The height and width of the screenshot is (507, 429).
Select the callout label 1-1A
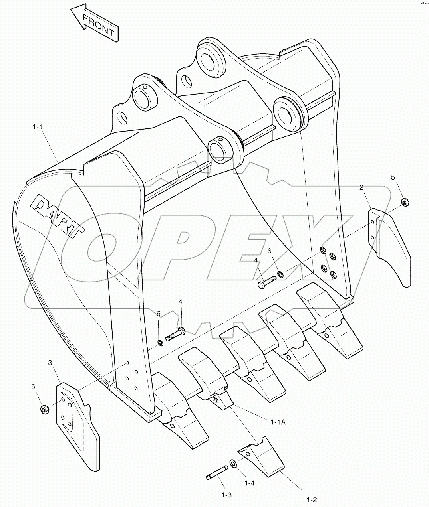pos(278,422)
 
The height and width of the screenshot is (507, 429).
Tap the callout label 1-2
pos(312,499)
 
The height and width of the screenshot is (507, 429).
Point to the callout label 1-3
pos(226,495)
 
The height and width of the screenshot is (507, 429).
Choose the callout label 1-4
pos(249,483)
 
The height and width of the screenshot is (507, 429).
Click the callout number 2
pos(361,187)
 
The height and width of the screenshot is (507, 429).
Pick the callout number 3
pos(50,362)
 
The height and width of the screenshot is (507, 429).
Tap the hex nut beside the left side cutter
pos(44,409)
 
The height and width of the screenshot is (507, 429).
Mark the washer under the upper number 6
pos(280,274)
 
